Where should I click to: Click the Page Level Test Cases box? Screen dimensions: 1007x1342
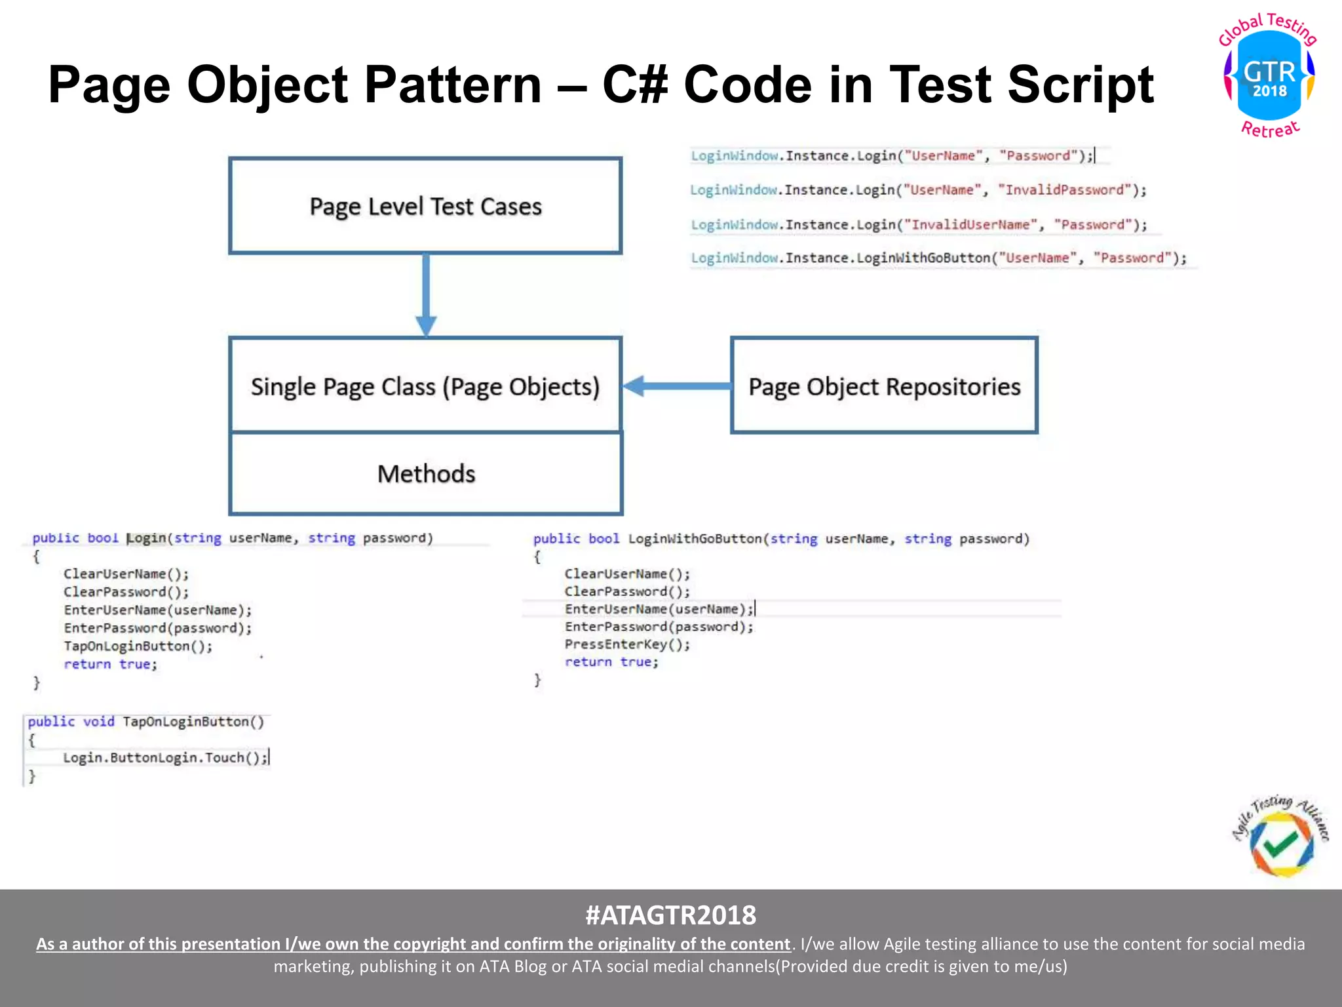(x=425, y=206)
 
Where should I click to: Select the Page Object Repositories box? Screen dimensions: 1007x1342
(x=884, y=386)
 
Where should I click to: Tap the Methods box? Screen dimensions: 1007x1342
(x=425, y=474)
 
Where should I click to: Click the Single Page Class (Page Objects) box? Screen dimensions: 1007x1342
(x=425, y=386)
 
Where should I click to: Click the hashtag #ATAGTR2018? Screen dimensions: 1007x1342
(x=670, y=915)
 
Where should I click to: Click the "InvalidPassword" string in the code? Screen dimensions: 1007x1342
(x=1065, y=190)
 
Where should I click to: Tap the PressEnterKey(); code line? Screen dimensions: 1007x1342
(x=627, y=644)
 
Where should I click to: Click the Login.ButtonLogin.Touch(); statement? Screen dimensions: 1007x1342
(x=165, y=758)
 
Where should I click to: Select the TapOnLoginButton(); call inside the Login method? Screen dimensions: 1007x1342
(x=138, y=646)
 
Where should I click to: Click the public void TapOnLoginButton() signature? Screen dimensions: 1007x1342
(x=145, y=722)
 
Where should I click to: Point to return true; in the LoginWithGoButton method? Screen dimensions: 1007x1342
(x=611, y=662)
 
